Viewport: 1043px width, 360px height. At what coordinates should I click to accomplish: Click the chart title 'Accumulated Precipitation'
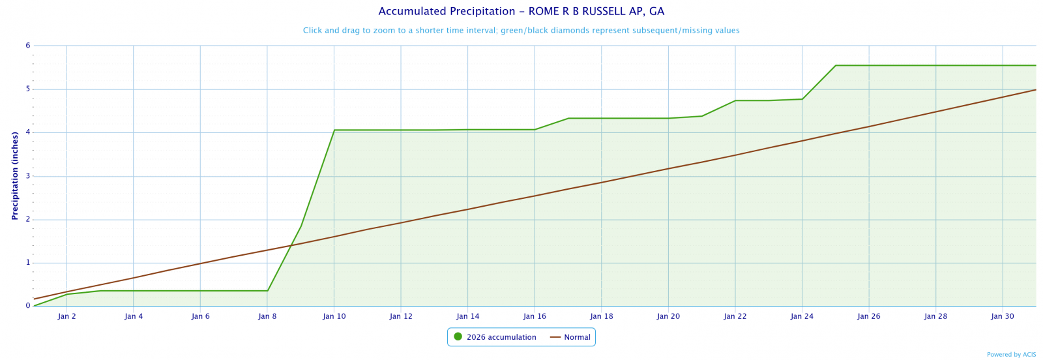click(x=521, y=12)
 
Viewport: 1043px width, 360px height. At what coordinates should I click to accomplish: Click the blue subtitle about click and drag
click(x=521, y=31)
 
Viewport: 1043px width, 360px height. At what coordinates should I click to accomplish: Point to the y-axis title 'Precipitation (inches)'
click(x=14, y=176)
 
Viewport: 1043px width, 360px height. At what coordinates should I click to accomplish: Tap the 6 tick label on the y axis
click(x=28, y=46)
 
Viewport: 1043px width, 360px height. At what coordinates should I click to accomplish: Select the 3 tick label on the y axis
click(x=28, y=176)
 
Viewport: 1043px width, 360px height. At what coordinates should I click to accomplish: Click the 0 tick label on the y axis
click(x=28, y=306)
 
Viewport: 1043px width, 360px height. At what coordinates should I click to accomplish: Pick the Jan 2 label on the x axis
click(x=66, y=316)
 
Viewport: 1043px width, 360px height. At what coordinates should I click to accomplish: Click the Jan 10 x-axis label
click(x=334, y=316)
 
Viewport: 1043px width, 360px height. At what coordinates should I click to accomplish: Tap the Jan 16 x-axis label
click(x=535, y=316)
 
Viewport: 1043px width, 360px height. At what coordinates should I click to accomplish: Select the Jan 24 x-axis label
click(x=802, y=316)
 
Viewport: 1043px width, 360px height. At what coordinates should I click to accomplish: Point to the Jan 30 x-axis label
click(x=1003, y=316)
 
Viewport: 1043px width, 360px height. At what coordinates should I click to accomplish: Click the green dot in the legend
click(x=458, y=337)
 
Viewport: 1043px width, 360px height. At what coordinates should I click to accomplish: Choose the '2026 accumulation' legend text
click(x=501, y=337)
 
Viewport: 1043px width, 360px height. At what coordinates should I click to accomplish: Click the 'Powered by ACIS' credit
click(x=1011, y=355)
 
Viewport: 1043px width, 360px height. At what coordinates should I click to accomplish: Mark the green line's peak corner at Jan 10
click(x=334, y=130)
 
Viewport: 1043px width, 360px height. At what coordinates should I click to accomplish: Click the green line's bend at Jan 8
click(x=267, y=291)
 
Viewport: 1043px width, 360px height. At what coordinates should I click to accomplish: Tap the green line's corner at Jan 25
click(x=836, y=65)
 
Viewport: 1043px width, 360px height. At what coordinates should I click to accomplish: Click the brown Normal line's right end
click(x=1035, y=90)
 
